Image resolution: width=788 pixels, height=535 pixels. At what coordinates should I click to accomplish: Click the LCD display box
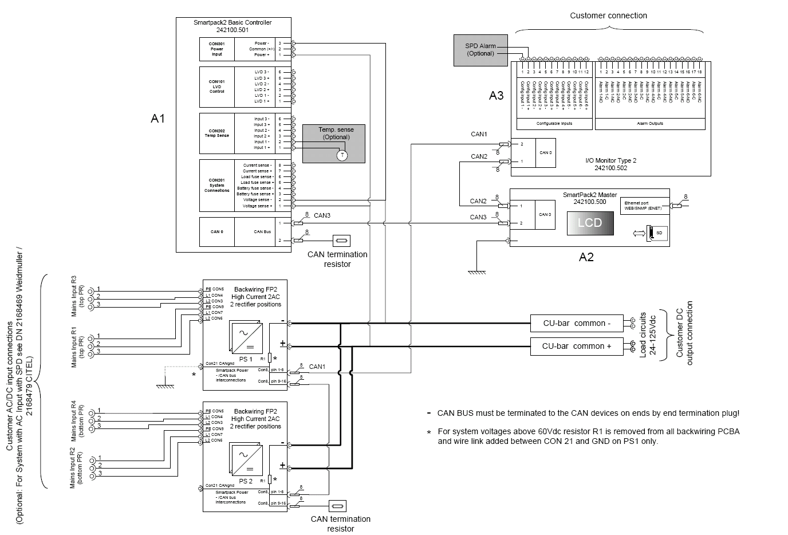coord(590,223)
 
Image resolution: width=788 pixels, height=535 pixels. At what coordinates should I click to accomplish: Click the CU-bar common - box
coord(576,323)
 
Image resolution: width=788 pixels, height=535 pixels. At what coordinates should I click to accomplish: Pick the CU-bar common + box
coord(576,346)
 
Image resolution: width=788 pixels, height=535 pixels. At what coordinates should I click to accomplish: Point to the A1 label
coord(157,119)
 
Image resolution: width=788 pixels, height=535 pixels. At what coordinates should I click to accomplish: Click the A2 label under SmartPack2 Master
coord(586,257)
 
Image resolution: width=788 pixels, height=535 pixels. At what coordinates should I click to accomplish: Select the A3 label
coord(496,96)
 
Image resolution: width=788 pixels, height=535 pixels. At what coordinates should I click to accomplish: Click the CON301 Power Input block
coord(216,49)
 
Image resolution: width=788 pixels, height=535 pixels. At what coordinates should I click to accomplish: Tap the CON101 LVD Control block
coord(216,86)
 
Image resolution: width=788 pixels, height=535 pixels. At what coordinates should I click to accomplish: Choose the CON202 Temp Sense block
coord(216,133)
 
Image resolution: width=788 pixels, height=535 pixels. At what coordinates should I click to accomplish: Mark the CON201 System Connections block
coord(216,185)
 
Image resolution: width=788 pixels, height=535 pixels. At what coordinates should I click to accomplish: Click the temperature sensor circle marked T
coord(342,155)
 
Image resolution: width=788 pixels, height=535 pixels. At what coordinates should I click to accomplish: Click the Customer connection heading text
coord(608,15)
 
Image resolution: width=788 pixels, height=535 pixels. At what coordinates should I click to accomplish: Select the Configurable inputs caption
coord(554,124)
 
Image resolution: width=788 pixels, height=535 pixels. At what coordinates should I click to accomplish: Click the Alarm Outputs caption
coord(650,124)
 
